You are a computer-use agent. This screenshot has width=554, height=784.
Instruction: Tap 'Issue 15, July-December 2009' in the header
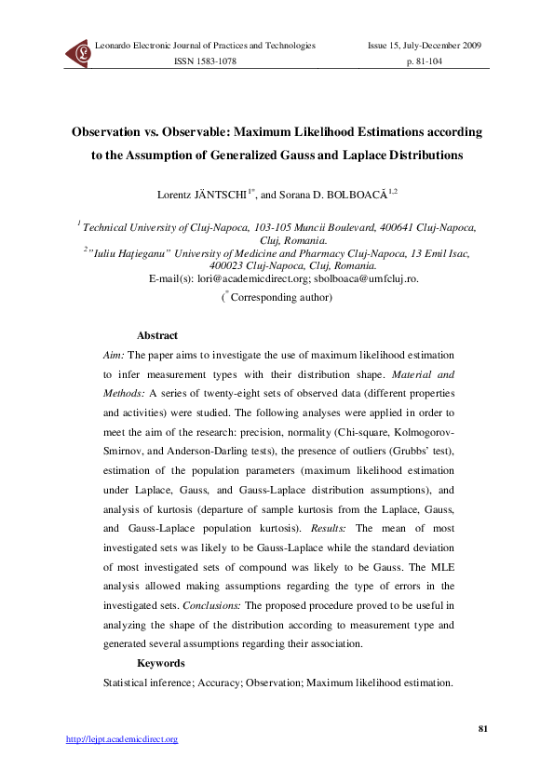pos(424,45)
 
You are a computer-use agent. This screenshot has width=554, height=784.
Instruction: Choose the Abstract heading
pos(156,335)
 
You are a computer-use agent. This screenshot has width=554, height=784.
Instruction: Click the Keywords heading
pos(161,663)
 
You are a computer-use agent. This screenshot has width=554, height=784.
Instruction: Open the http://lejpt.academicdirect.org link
pos(121,739)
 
